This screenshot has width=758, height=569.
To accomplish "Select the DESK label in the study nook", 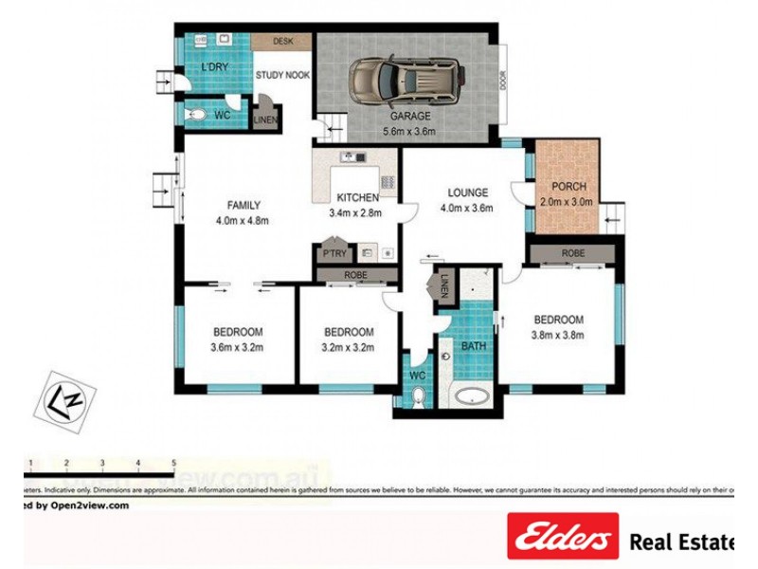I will click(282, 42).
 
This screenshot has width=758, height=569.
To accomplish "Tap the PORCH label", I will click(568, 186).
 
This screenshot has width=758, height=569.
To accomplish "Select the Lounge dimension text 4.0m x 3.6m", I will click(468, 209).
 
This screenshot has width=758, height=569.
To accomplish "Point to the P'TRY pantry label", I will click(333, 254).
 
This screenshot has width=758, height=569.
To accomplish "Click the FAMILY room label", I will click(244, 205).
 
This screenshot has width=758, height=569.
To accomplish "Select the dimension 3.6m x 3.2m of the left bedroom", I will click(237, 347).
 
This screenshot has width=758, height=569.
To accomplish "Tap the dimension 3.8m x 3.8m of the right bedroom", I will click(557, 335).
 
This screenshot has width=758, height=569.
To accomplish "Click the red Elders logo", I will click(562, 539).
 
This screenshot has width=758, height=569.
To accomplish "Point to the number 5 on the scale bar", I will click(173, 462).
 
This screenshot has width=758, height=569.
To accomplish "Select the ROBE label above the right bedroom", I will click(572, 254).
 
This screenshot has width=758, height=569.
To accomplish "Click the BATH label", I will click(473, 346).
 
